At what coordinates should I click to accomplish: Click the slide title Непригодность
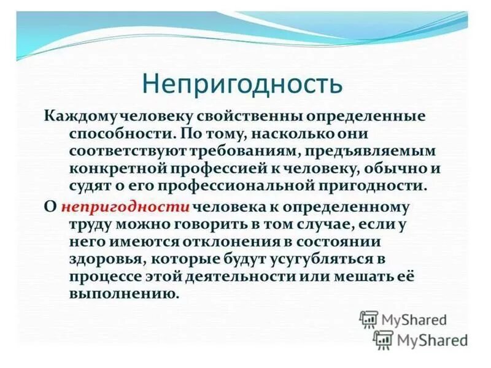point(242,83)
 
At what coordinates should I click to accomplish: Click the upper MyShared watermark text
point(414,320)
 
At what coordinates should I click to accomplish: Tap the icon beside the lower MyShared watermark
point(383,339)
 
